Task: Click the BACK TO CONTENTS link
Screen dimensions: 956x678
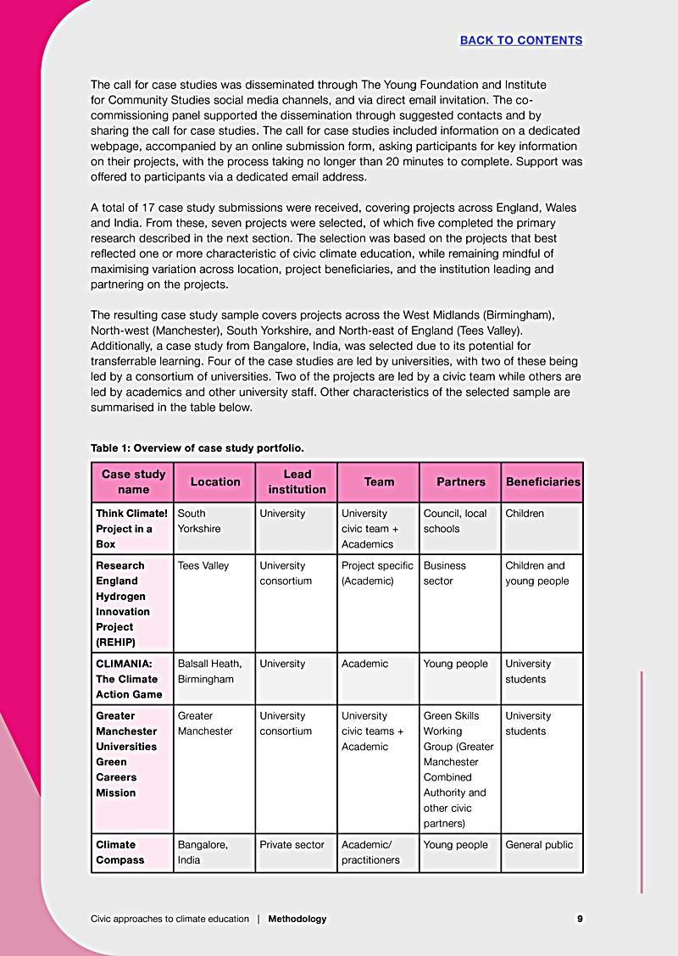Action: [x=520, y=40]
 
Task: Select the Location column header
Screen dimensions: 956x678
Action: [x=215, y=481]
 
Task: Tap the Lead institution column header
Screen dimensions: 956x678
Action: [x=297, y=481]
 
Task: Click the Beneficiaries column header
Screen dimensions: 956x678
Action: [x=542, y=481]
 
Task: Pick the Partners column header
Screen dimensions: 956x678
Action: [x=461, y=481]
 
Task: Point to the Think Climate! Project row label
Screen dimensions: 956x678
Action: [x=131, y=528]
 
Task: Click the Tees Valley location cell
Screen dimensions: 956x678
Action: [x=203, y=565]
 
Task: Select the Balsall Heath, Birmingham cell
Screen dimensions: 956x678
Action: [x=209, y=671]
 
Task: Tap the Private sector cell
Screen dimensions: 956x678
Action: [x=292, y=844]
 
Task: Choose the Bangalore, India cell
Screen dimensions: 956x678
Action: [x=203, y=852]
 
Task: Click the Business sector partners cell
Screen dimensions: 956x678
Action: [x=445, y=573]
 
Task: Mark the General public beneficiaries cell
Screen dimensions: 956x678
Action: [x=539, y=844]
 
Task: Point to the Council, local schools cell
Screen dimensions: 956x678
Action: [x=455, y=520]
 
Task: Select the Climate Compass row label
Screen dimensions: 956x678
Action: [x=120, y=852]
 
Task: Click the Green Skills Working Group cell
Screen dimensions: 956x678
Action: [x=458, y=769]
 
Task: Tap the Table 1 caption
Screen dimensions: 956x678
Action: [x=197, y=447]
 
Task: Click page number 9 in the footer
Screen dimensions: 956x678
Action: [x=580, y=919]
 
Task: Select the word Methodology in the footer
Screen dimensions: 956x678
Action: [x=297, y=919]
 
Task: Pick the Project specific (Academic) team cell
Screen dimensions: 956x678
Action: [x=377, y=573]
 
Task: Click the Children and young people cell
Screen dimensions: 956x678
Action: [x=536, y=573]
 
